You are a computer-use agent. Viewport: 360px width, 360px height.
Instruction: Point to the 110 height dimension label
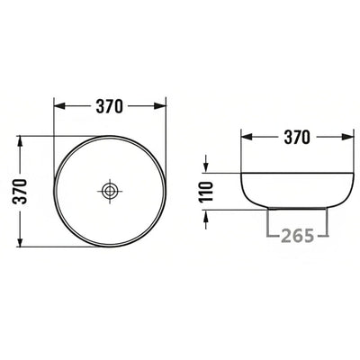tap(206, 191)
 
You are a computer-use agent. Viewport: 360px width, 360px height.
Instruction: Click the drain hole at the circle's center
tap(111, 191)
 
